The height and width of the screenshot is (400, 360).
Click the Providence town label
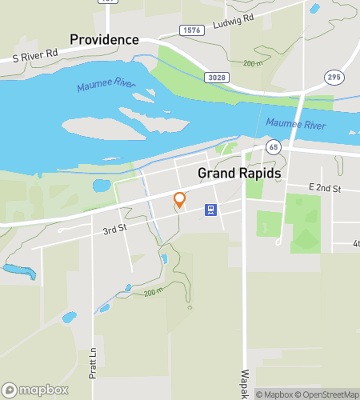tap(104, 39)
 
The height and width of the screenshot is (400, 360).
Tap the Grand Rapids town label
tap(239, 174)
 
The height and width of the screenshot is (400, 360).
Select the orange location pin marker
tap(180, 200)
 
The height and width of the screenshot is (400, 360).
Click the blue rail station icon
tap(210, 210)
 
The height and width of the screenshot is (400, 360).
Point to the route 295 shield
tap(334, 77)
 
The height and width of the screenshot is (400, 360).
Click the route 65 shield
tap(274, 147)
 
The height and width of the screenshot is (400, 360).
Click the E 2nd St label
tap(325, 188)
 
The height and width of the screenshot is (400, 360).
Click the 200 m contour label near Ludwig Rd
tap(253, 63)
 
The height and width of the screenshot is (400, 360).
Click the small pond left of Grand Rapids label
tap(102, 186)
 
